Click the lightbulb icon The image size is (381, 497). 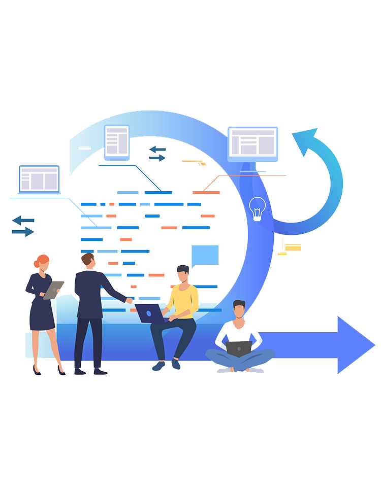click(258, 208)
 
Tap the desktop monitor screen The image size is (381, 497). click(252, 142)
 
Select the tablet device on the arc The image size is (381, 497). click(117, 141)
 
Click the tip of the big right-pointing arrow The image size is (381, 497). click(373, 345)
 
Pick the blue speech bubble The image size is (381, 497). click(205, 256)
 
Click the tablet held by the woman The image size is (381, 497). click(53, 290)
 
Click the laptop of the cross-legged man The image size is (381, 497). click(239, 349)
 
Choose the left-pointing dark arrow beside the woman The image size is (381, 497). click(23, 220)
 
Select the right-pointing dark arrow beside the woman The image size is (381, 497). click(23, 232)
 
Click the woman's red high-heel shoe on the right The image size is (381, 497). click(61, 371)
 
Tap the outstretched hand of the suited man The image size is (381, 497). click(130, 300)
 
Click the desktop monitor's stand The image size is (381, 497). click(252, 167)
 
